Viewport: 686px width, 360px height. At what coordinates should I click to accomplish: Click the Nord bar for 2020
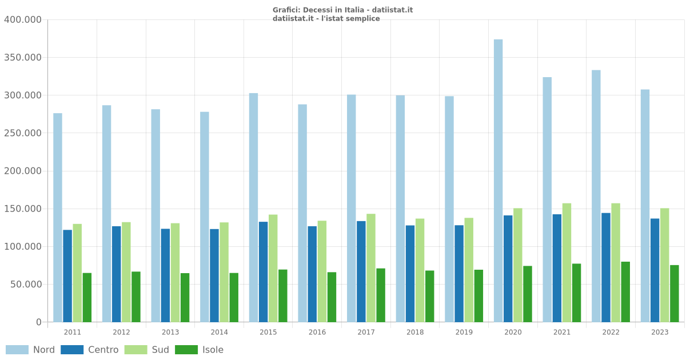(x=498, y=181)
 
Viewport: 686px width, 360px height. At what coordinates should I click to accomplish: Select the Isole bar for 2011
(x=87, y=297)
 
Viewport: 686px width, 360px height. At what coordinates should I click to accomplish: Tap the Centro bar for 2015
(x=263, y=271)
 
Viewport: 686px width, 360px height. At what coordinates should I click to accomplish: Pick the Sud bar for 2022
(x=616, y=262)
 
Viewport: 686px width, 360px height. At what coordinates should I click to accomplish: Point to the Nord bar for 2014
(x=205, y=217)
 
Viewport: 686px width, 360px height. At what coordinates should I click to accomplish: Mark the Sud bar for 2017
(x=371, y=267)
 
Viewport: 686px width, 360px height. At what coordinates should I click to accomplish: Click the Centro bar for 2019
(x=459, y=273)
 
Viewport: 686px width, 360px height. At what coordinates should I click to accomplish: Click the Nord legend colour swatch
(x=17, y=350)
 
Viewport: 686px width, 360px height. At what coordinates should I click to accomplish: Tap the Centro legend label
(x=103, y=350)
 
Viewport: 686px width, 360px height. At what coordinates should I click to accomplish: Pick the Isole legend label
(x=213, y=350)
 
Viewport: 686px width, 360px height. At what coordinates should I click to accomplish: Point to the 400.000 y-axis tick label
(x=23, y=20)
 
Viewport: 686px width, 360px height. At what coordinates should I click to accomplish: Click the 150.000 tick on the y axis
(x=23, y=209)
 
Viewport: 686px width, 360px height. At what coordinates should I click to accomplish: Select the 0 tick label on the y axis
(x=39, y=322)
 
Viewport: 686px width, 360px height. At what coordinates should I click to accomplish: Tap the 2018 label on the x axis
(x=415, y=332)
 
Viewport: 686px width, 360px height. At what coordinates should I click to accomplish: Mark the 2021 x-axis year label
(x=562, y=332)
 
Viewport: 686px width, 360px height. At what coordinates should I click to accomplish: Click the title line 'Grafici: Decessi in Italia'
(x=342, y=10)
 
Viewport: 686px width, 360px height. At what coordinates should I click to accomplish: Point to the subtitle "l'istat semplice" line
(x=326, y=19)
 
